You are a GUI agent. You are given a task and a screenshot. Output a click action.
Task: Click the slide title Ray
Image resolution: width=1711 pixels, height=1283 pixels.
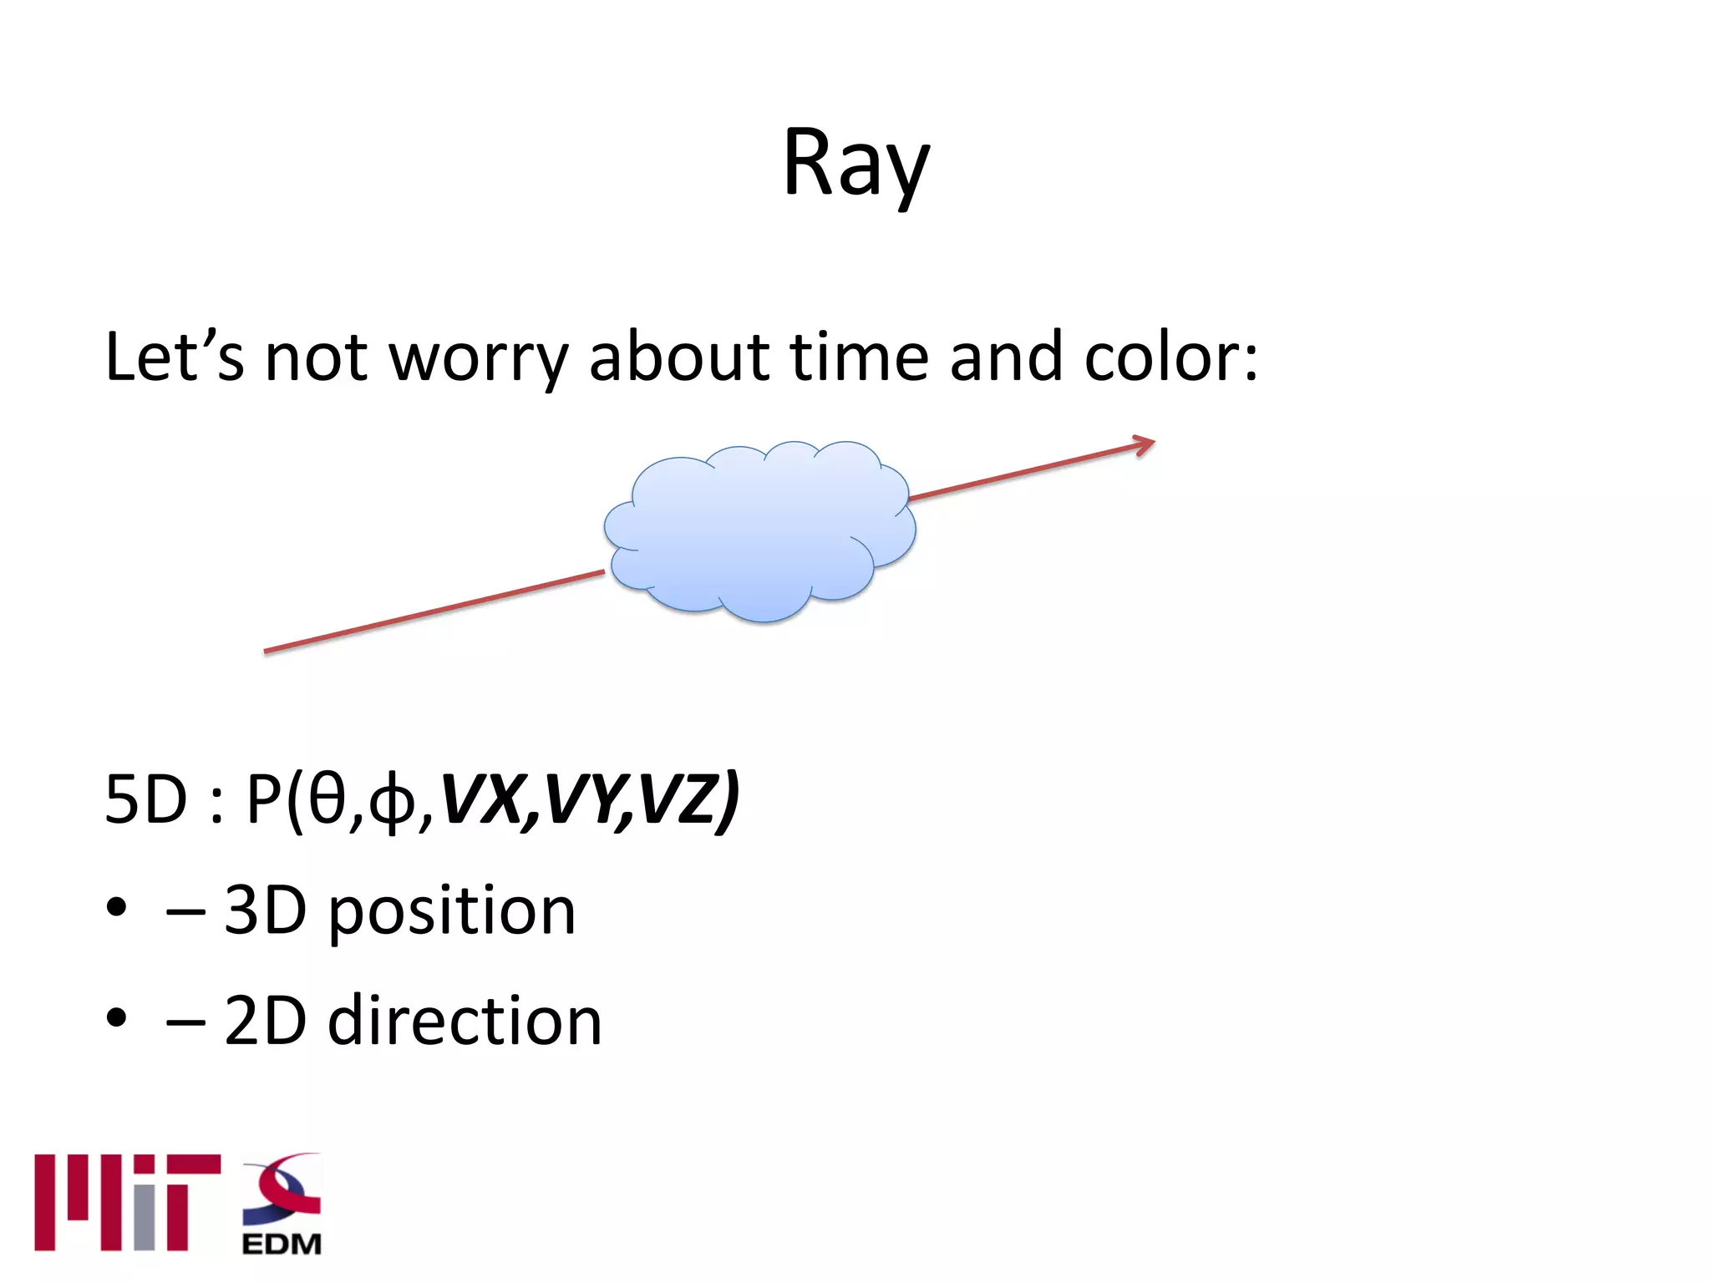coord(855,165)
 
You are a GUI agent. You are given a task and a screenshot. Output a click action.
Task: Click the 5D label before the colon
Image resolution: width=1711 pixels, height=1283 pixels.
coord(145,800)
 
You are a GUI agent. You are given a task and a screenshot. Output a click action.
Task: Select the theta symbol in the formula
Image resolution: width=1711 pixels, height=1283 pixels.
coord(327,800)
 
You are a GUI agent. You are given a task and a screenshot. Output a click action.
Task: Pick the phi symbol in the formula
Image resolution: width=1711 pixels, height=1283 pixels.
coord(392,802)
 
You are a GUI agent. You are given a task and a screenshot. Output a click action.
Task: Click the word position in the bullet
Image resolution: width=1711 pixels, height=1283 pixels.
coord(451,912)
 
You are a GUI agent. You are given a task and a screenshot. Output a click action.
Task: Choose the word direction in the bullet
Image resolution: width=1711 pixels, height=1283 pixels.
coord(465,1021)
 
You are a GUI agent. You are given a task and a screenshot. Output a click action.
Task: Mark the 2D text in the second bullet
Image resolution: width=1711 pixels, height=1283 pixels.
coord(265,1021)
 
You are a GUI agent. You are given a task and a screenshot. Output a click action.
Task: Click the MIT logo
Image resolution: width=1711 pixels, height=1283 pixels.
coord(127,1202)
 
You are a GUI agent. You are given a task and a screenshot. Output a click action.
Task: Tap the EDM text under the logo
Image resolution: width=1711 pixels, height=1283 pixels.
coord(282,1244)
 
